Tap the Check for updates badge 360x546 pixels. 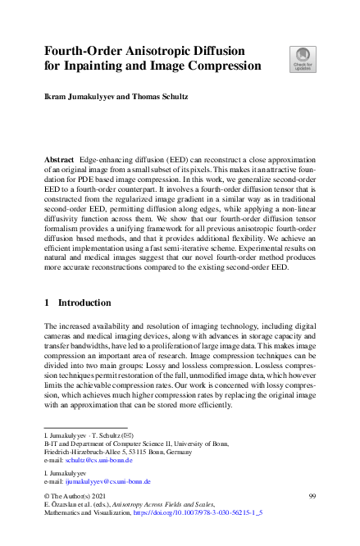pos(302,57)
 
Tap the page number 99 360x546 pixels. pos(312,497)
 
